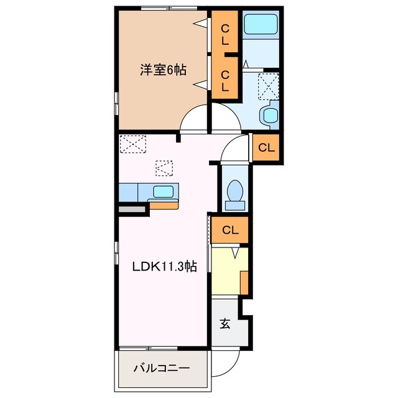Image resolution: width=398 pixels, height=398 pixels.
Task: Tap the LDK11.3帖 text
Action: click(164, 267)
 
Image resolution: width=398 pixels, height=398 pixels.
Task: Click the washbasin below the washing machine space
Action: click(271, 116)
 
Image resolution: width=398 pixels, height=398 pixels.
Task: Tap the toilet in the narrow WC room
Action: click(235, 191)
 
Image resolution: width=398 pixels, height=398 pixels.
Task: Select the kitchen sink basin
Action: click(164, 192)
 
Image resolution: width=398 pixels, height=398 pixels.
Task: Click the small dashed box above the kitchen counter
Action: click(164, 168)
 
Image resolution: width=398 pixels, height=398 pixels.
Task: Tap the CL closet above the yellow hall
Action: click(229, 230)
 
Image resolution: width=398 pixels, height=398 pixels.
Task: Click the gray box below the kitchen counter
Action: click(132, 210)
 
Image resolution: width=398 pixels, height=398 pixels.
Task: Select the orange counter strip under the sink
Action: click(164, 205)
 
